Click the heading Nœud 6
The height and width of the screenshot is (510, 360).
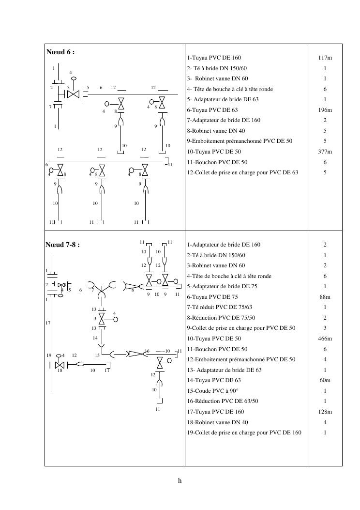pyautogui.click(x=60, y=52)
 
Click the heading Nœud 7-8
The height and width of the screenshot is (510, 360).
pyautogui.click(x=62, y=245)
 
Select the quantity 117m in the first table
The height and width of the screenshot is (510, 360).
pyautogui.click(x=325, y=58)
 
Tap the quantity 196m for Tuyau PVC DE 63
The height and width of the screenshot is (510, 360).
pyautogui.click(x=325, y=110)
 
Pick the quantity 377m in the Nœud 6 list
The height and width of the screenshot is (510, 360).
pyautogui.click(x=325, y=152)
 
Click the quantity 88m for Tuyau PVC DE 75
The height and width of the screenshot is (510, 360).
pyautogui.click(x=325, y=297)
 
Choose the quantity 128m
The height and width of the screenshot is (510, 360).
pyautogui.click(x=325, y=412)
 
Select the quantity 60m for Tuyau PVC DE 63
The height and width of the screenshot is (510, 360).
pyautogui.click(x=325, y=380)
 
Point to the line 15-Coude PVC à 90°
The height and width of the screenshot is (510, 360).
pyautogui.click(x=213, y=391)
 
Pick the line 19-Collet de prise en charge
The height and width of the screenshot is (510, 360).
pyautogui.click(x=244, y=433)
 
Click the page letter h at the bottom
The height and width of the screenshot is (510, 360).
pyautogui.click(x=180, y=481)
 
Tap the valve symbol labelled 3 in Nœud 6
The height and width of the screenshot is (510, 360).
pyautogui.click(x=73, y=94)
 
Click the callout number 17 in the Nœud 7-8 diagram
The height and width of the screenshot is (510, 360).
pyautogui.click(x=48, y=323)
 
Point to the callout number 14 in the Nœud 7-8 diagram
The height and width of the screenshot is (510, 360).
pyautogui.click(x=95, y=338)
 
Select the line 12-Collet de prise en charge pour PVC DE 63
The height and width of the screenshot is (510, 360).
pyautogui.click(x=242, y=172)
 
